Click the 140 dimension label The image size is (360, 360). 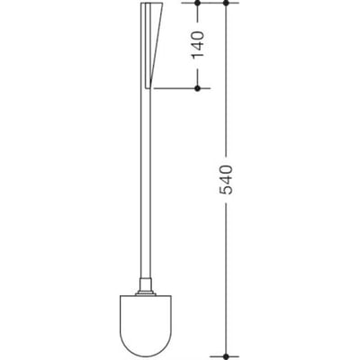(198, 45)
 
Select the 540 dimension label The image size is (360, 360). (226, 180)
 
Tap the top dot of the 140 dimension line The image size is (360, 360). (197, 3)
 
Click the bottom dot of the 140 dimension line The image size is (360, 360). (197, 88)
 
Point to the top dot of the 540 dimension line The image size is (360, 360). (226, 3)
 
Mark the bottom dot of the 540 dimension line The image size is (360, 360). (226, 356)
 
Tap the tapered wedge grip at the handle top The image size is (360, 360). (154, 45)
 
